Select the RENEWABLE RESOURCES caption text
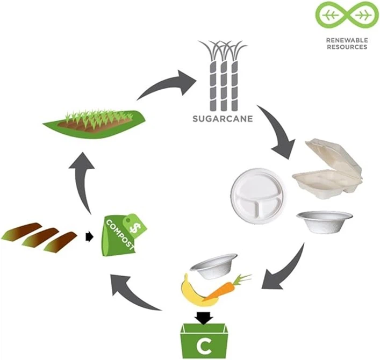click(347, 44)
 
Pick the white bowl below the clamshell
click(325, 221)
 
